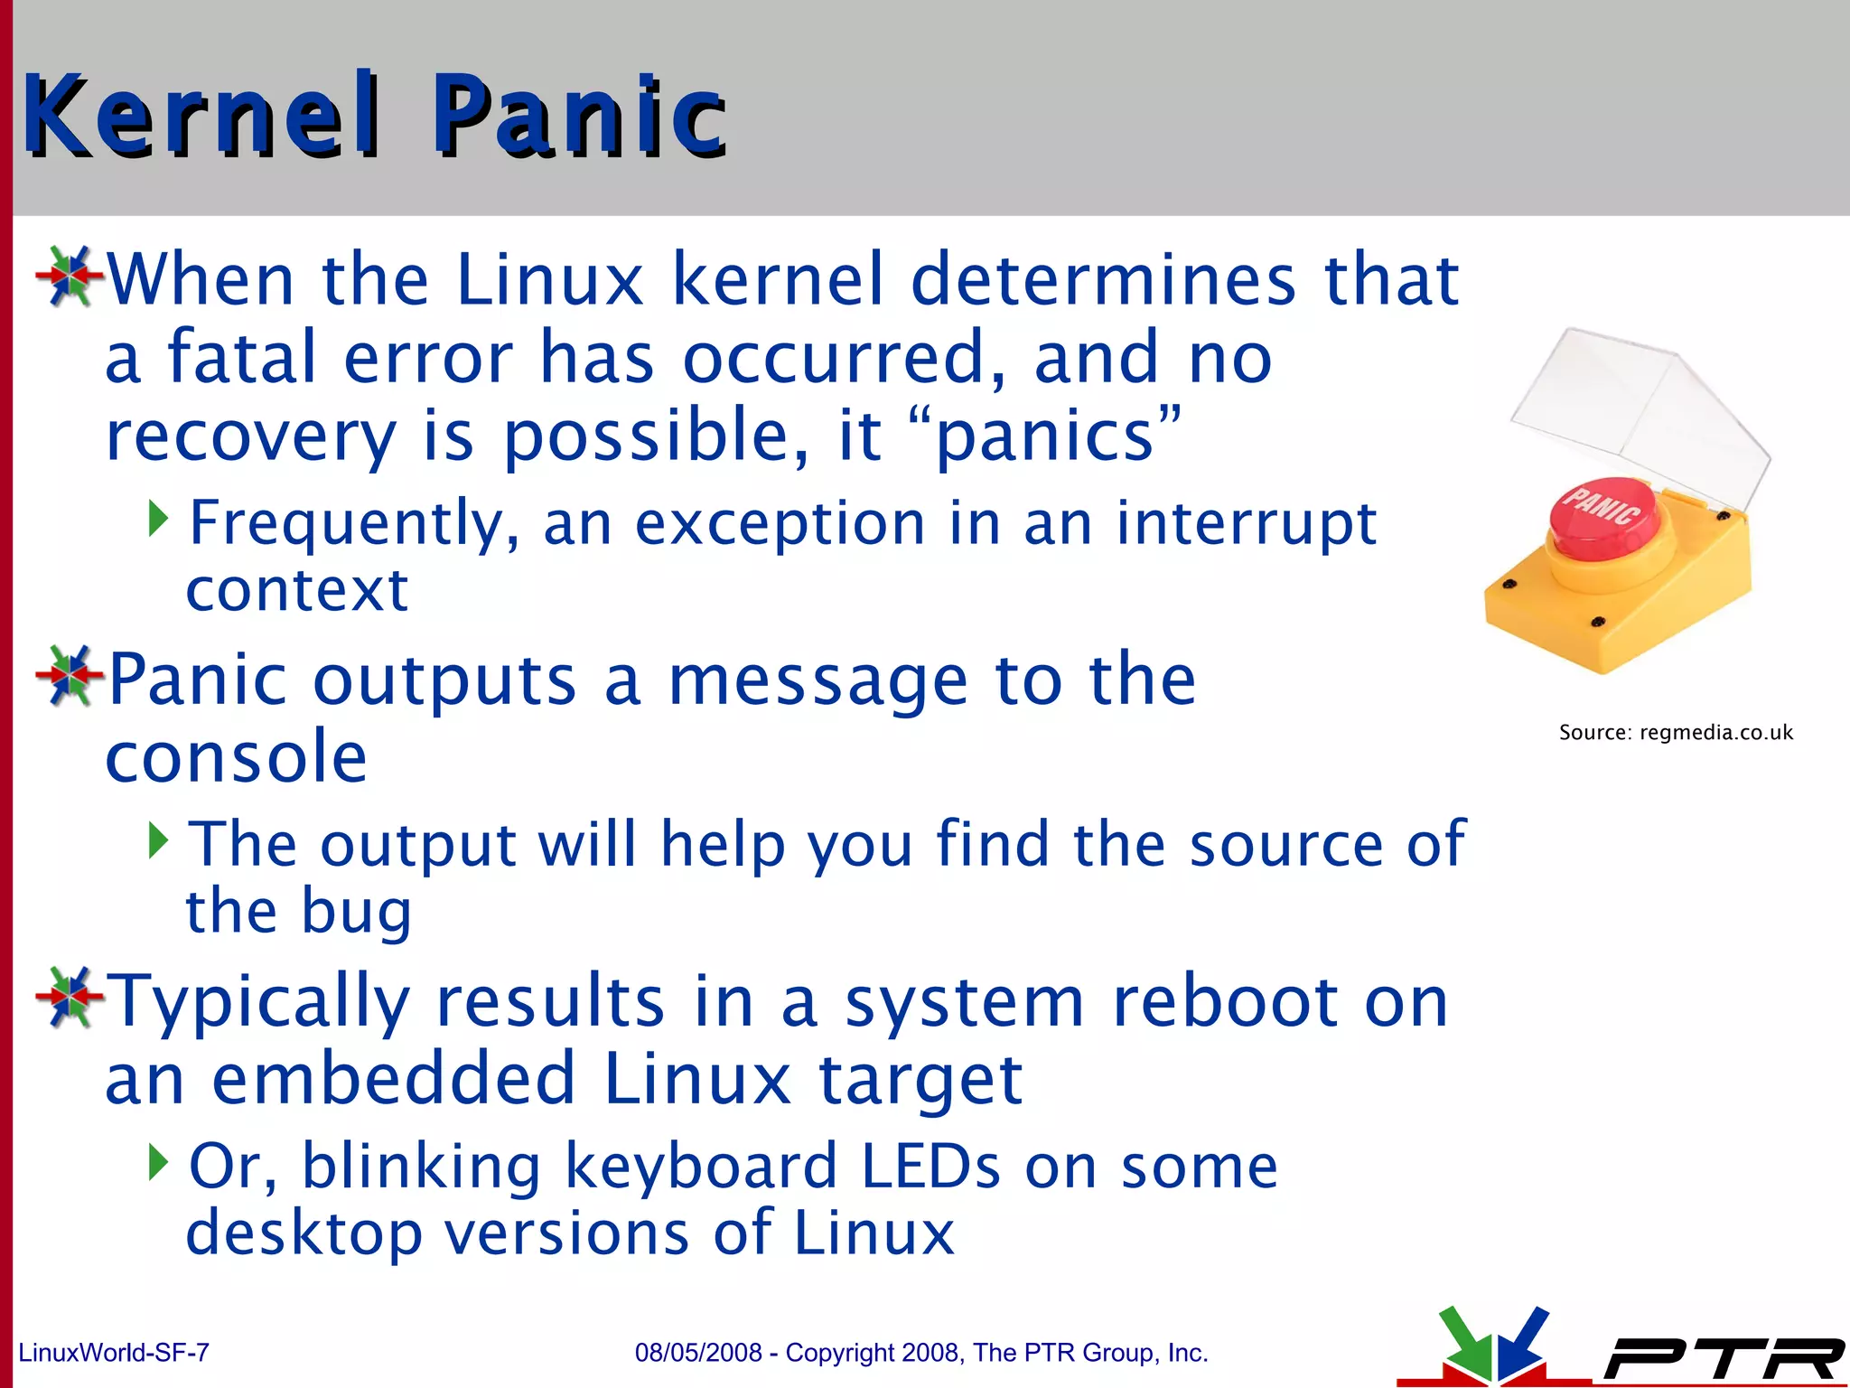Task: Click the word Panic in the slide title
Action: point(579,116)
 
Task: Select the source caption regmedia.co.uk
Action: point(1715,732)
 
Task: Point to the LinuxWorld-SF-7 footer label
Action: point(114,1353)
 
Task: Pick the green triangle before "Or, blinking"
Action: point(158,1163)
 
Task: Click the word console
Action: point(237,757)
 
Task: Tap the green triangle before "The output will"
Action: point(158,840)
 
